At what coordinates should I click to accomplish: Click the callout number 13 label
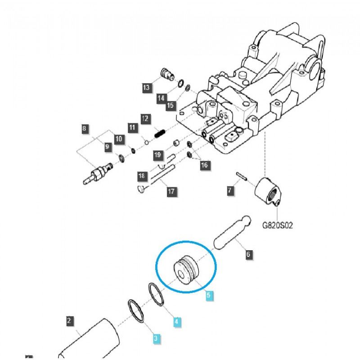coord(146,88)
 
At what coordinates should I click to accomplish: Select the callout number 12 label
coord(145,119)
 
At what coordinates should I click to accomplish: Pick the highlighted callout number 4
coord(176,322)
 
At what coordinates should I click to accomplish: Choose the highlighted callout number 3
coord(156,338)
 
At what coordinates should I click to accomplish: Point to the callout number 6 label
coord(248,255)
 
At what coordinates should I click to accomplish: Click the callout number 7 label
coord(230,191)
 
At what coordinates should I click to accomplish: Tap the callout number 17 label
coord(171,192)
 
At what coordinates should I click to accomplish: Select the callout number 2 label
coord(69,321)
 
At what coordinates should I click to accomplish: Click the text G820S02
coord(277,225)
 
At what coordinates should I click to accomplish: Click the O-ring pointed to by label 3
coord(136,310)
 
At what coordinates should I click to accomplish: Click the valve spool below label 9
coord(98,174)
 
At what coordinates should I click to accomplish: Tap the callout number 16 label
coord(205,165)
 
